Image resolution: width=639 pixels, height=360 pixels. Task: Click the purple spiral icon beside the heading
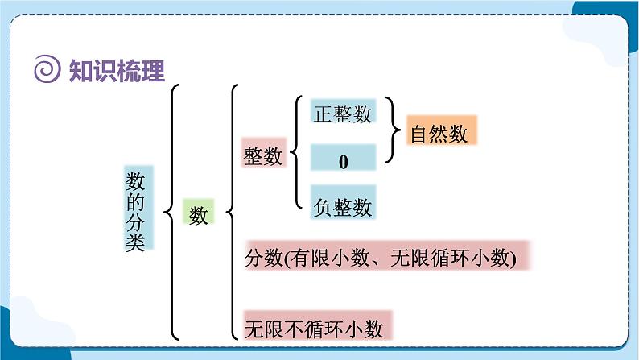pyautogui.click(x=47, y=69)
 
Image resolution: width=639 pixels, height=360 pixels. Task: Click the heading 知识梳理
pyautogui.click(x=117, y=71)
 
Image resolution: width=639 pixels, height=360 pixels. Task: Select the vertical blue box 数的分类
pyautogui.click(x=139, y=207)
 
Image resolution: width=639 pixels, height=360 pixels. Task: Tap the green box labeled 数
pyautogui.click(x=199, y=211)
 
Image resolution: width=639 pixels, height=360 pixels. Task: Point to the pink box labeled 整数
pyautogui.click(x=264, y=152)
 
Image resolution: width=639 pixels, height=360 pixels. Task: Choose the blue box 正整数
pyautogui.click(x=343, y=110)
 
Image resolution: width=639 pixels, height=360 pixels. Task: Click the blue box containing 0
pyautogui.click(x=343, y=157)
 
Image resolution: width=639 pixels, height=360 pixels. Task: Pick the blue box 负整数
pyautogui.click(x=343, y=202)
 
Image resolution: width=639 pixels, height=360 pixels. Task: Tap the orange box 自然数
pyautogui.click(x=441, y=130)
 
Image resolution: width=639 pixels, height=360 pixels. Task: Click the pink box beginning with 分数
pyautogui.click(x=387, y=255)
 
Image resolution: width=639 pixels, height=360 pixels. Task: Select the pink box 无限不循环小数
pyautogui.click(x=318, y=325)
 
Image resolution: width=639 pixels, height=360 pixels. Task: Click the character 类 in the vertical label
pyautogui.click(x=135, y=242)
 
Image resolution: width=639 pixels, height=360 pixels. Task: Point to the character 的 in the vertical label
pyautogui.click(x=135, y=202)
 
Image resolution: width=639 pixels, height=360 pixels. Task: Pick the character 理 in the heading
pyautogui.click(x=153, y=71)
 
